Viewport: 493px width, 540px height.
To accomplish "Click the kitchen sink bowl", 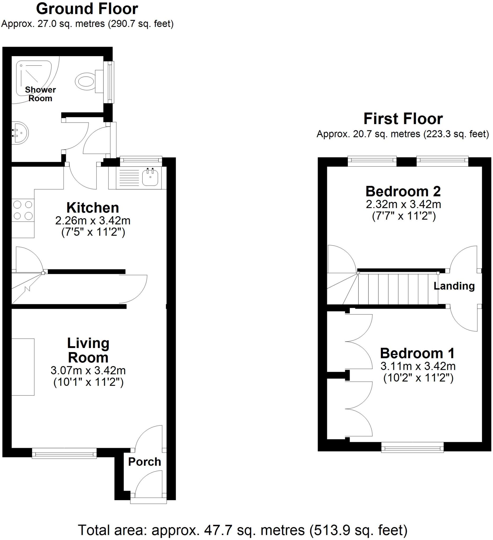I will pos(150,177).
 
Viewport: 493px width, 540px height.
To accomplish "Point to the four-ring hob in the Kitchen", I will pos(23,210).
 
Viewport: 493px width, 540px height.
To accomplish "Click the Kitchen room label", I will pos(92,208).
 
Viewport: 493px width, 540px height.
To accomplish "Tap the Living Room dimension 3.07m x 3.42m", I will pos(88,370).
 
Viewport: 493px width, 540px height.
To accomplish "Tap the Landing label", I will pos(454,286).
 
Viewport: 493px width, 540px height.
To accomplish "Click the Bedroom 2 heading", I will pos(403,191).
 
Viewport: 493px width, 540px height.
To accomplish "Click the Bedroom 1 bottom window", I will pos(412,447).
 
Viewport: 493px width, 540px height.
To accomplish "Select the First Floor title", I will pos(403,119).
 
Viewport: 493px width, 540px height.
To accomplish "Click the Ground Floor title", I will pos(87,9).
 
